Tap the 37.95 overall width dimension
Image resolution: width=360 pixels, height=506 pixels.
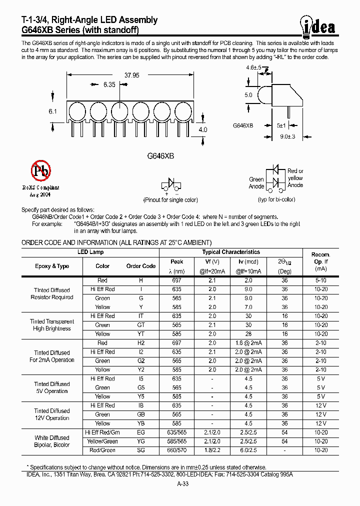(x=131, y=75)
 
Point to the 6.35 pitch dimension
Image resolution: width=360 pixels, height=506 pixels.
(x=109, y=85)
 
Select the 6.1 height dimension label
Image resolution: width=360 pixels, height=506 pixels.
(x=53, y=111)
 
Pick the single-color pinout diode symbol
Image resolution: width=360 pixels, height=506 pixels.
(x=171, y=183)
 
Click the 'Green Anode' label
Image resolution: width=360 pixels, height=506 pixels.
(x=256, y=182)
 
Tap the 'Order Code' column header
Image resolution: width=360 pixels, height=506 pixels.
(x=141, y=266)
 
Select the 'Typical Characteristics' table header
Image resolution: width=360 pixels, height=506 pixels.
(x=231, y=252)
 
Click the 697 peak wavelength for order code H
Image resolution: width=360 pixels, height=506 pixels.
(x=176, y=280)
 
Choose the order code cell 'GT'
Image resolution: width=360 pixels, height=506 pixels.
(x=141, y=325)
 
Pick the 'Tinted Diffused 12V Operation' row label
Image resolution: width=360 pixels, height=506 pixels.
(x=52, y=414)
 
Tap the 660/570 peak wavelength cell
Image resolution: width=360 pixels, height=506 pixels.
(x=176, y=450)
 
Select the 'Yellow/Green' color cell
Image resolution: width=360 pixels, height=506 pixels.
(x=102, y=441)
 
